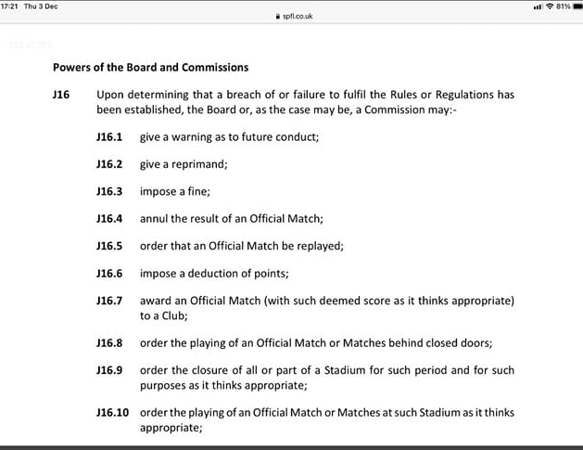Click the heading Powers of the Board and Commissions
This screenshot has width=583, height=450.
[150, 68]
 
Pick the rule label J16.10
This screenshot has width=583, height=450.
[112, 412]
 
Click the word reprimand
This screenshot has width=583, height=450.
[199, 164]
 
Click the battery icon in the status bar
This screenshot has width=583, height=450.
[573, 6]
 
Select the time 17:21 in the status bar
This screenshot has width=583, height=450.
[12, 6]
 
